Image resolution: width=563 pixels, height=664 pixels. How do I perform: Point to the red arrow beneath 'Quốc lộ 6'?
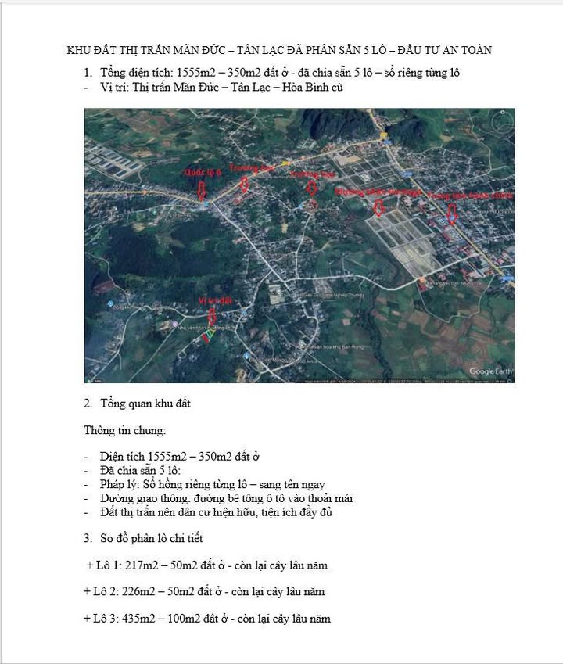point(204,188)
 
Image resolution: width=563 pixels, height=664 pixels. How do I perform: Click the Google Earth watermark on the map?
point(490,371)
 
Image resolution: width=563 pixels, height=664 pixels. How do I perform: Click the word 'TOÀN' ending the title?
point(474,51)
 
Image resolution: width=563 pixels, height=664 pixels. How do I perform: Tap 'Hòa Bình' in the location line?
point(298,88)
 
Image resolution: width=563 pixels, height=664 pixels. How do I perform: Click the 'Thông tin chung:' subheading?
point(125,430)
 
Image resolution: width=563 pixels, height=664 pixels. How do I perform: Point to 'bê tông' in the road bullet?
point(240,498)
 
